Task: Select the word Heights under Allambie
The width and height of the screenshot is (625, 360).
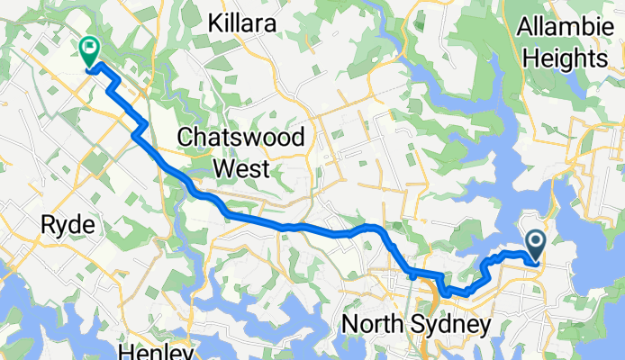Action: (566, 59)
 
